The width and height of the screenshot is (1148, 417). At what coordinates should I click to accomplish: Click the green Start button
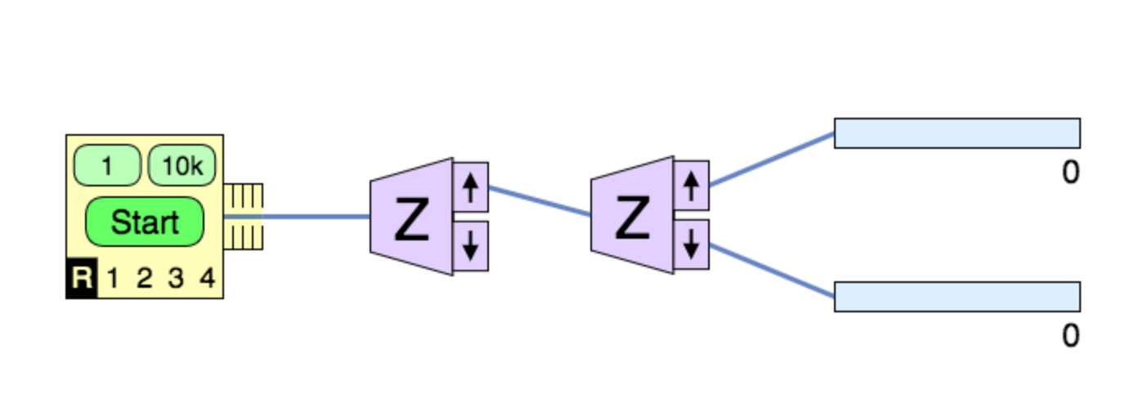(144, 222)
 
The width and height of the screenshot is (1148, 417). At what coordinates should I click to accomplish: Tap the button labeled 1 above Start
(106, 166)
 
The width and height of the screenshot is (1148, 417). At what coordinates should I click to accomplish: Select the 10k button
(182, 166)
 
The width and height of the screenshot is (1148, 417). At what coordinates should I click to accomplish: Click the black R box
(81, 279)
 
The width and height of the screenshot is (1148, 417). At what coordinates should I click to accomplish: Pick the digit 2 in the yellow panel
(144, 279)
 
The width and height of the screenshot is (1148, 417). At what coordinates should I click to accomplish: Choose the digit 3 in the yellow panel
(176, 279)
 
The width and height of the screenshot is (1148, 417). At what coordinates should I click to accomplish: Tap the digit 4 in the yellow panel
(207, 279)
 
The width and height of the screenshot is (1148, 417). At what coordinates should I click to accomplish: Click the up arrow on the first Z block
(470, 187)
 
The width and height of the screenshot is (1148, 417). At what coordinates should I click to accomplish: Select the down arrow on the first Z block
(470, 245)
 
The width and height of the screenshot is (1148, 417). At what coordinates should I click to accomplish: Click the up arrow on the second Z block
(691, 186)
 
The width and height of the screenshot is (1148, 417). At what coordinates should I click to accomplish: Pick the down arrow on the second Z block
(691, 244)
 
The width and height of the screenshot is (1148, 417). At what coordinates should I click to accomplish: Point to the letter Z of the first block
(411, 221)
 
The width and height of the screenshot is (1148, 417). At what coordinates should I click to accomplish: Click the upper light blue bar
(957, 133)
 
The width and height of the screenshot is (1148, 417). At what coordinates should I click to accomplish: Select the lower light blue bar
(957, 296)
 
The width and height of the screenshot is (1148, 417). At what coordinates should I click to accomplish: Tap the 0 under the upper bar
(1070, 173)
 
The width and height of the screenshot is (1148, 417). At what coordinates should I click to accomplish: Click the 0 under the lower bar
(1070, 335)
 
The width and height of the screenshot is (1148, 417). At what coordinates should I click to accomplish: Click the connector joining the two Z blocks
(540, 201)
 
